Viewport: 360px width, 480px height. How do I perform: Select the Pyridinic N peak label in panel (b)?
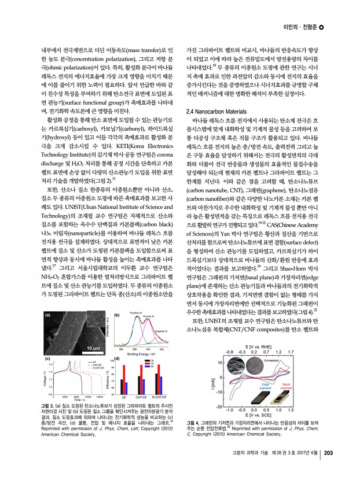[137, 313]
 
